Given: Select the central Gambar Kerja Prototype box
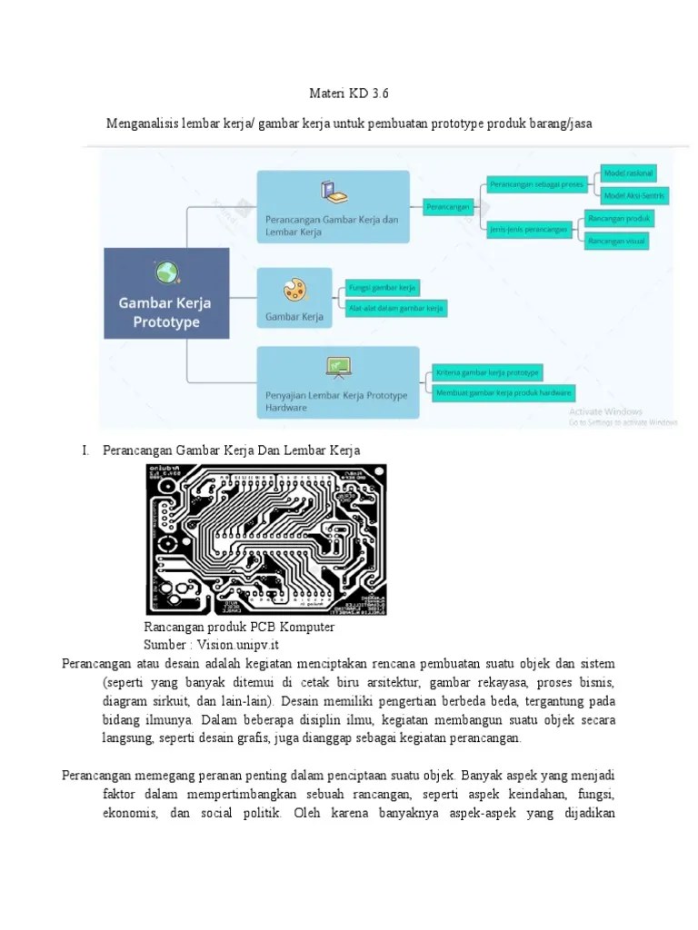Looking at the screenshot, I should point(166,293).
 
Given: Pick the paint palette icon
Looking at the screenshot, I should point(294,290).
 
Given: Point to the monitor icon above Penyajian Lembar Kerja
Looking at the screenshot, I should point(338,366).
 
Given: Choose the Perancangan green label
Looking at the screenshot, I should point(449,207).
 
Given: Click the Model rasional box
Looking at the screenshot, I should point(628,173).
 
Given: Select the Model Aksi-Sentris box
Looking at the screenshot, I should point(633,195).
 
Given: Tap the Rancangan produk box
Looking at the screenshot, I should point(618,219).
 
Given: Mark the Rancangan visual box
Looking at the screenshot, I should point(616,241).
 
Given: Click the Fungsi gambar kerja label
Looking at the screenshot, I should point(383,288).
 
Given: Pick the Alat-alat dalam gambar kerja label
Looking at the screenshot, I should point(396,309).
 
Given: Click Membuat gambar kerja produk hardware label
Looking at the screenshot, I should point(503,393).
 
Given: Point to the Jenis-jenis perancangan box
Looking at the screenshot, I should point(529,230).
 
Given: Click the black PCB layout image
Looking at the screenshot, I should point(266,539).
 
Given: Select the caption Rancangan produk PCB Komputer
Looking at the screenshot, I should point(239,628).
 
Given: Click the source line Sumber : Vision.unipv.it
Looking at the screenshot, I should point(211,645).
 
